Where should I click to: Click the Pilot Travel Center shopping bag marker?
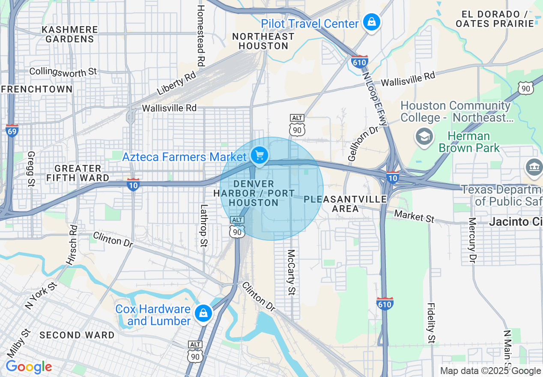pos(371,22)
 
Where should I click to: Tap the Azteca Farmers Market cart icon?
pos(259,156)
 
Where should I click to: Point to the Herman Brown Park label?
pos(469,142)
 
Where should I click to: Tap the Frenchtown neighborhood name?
pos(37,89)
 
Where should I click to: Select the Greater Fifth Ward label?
pos(78,173)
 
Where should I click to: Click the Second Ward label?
pos(77,335)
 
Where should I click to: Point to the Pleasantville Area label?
pos(346,204)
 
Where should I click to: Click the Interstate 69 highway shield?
pos(12,130)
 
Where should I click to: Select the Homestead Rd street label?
pos(200,35)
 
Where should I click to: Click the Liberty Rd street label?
pos(176,84)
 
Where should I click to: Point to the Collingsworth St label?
pos(63,72)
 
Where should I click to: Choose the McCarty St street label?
pos(291,272)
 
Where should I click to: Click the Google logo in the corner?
pos(29,367)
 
